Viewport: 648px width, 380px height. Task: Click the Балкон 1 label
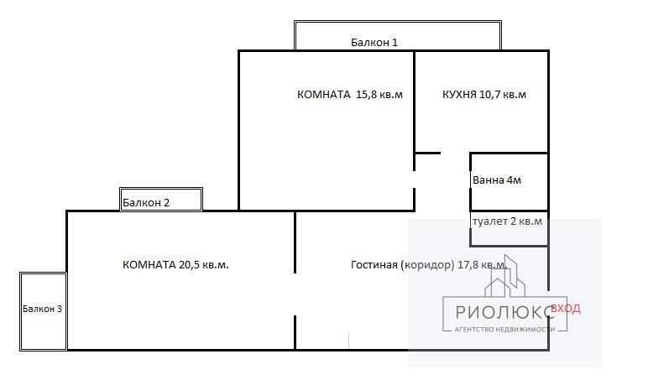[x=374, y=42]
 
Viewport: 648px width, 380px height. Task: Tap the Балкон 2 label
[x=146, y=202]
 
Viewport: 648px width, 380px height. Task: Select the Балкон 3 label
[x=42, y=309]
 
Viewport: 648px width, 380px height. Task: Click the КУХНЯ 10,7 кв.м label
[x=484, y=95]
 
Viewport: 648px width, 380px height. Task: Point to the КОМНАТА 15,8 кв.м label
[x=350, y=95]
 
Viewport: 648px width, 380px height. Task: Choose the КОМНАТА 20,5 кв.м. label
[x=175, y=265]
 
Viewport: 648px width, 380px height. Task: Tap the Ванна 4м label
[x=497, y=180]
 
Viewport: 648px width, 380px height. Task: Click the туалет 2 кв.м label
[x=507, y=221]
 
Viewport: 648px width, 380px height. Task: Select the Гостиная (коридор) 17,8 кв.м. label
[x=429, y=265]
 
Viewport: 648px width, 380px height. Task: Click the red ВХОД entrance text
[x=566, y=309]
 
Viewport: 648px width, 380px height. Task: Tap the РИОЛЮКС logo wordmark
[x=504, y=312]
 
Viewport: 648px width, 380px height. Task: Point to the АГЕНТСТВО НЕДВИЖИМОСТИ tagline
[x=504, y=330]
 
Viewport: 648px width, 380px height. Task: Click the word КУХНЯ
[x=459, y=95]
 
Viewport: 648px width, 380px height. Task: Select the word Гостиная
[x=374, y=265]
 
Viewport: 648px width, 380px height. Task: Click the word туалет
[x=490, y=221]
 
